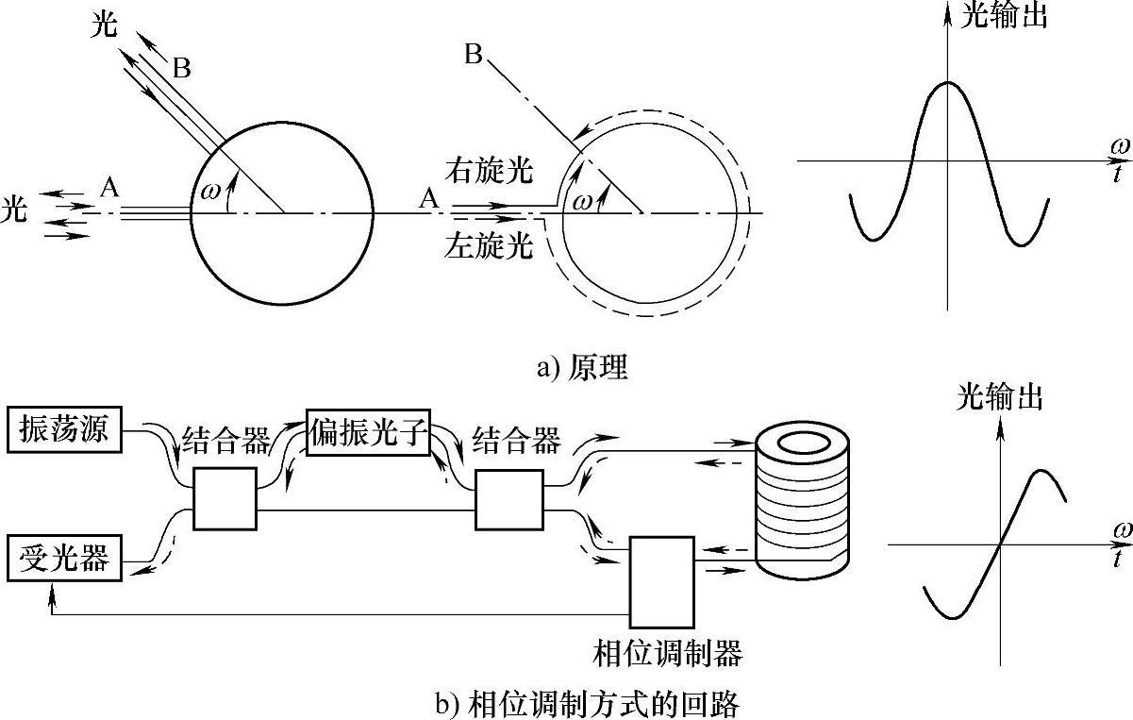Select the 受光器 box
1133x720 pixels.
point(63,558)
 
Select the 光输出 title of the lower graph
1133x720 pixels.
point(1000,398)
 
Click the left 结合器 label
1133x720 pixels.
point(225,440)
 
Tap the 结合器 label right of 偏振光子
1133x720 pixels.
point(516,440)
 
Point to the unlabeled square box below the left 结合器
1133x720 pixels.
point(225,497)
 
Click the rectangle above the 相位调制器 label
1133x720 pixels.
point(661,581)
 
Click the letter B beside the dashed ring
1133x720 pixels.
point(474,55)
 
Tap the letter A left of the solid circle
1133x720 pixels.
point(109,188)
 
